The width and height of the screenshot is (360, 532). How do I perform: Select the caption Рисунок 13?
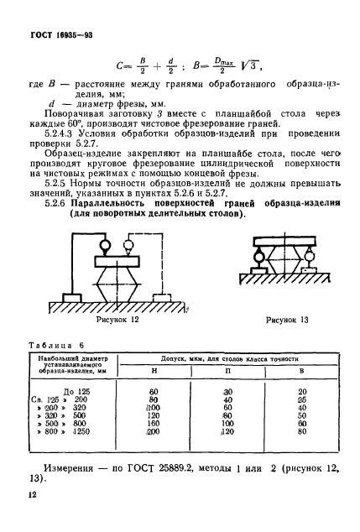(x=285, y=320)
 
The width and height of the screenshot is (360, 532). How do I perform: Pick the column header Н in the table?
(x=154, y=370)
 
